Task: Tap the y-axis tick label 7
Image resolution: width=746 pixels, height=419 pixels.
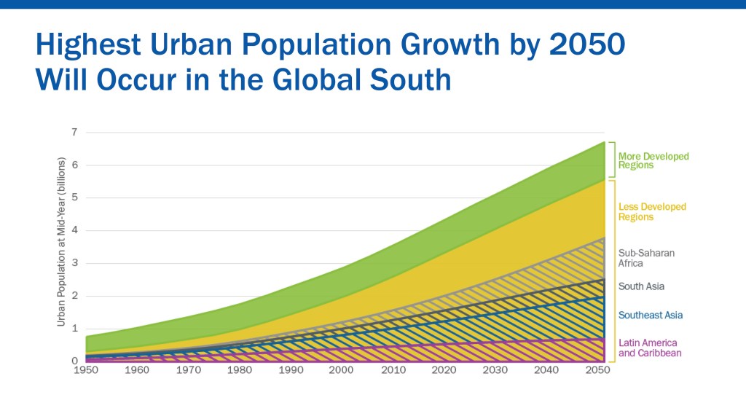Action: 74,133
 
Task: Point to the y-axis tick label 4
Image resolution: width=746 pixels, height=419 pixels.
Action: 74,231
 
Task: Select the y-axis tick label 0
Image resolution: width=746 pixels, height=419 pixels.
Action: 74,361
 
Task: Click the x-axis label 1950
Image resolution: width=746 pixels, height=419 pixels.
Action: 86,371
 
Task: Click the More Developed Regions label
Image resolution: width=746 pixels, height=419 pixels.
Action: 653,160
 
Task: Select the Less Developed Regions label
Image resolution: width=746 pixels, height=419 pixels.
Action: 652,212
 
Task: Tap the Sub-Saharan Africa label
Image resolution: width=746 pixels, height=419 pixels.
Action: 646,258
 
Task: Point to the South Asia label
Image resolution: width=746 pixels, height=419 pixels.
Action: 641,286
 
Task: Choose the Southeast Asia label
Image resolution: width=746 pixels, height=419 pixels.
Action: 650,316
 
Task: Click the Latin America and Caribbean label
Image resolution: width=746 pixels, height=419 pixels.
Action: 648,348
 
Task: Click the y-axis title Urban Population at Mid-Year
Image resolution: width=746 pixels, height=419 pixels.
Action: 62,241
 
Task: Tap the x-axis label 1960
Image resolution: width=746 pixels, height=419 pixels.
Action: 138,371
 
